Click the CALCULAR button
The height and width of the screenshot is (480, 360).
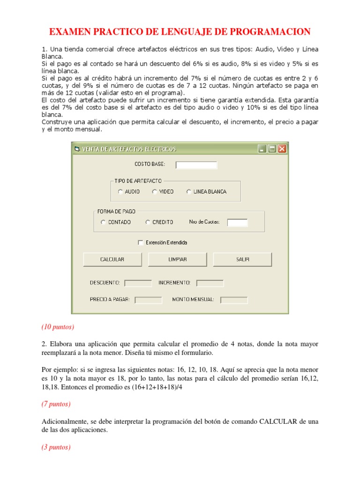pos(112,259)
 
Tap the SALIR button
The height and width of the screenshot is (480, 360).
pos(242,259)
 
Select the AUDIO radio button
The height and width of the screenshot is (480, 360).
pos(120,192)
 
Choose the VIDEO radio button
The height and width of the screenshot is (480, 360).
pos(155,192)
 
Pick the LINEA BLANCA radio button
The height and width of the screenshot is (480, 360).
pos(189,192)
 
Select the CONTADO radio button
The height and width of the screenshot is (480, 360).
pos(103,222)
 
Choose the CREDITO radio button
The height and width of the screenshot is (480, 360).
pos(148,222)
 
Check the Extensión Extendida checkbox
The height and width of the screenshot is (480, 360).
pos(140,243)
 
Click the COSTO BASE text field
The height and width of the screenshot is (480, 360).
pos(196,165)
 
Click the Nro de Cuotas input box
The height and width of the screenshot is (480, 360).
pos(237,222)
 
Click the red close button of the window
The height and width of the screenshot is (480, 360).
pos(282,149)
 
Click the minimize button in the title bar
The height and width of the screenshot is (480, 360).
pos(262,149)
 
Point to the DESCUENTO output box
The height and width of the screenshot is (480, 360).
pos(138,283)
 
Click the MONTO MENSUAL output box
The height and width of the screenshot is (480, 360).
pos(234,300)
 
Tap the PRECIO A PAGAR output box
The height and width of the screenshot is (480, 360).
pos(148,300)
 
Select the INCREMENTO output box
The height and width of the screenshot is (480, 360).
pos(210,283)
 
